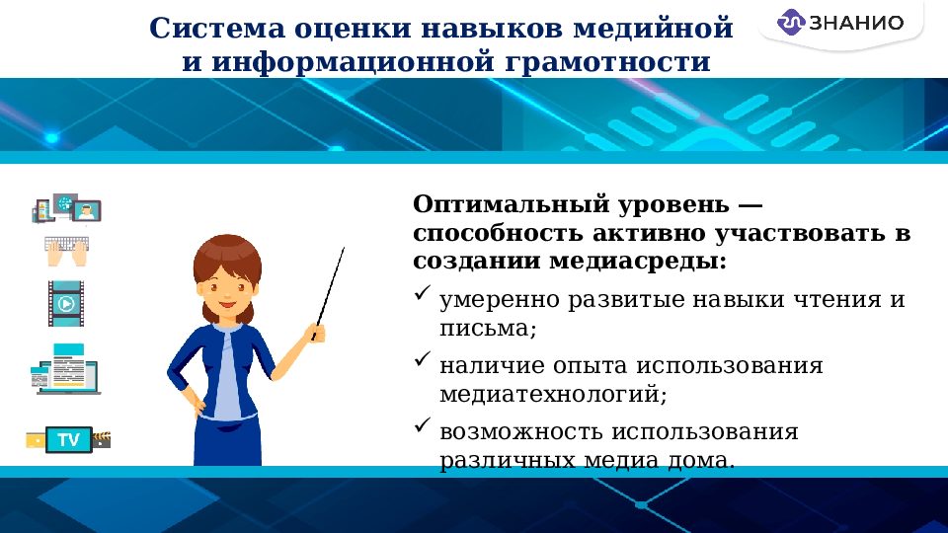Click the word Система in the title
(215, 27)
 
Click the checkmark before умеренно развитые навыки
(422, 295)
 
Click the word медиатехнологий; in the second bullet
(553, 394)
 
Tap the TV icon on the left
(68, 439)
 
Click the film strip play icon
(66, 303)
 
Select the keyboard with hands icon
(67, 251)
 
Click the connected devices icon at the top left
(67, 208)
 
